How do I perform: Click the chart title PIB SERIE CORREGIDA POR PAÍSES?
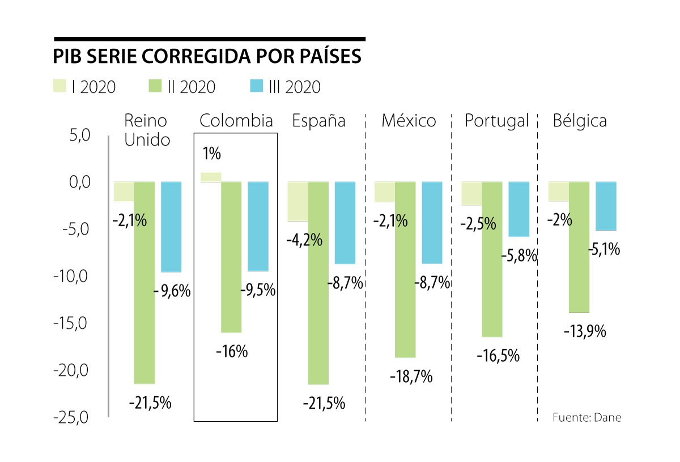click(207, 57)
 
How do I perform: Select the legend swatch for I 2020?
click(61, 86)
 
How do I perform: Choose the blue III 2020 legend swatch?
click(256, 86)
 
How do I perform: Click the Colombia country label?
click(236, 121)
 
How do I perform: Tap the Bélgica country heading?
click(580, 121)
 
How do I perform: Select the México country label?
click(409, 121)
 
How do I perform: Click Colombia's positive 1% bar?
click(211, 177)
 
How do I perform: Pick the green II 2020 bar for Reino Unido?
click(144, 282)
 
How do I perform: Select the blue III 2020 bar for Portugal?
click(519, 209)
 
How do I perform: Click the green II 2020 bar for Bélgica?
click(579, 247)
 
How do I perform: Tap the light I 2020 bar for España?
click(297, 201)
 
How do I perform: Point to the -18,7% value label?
click(412, 376)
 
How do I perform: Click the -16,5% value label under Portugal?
click(498, 356)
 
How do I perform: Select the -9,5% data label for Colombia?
click(258, 290)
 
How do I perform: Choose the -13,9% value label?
click(585, 331)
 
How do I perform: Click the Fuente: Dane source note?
click(586, 418)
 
